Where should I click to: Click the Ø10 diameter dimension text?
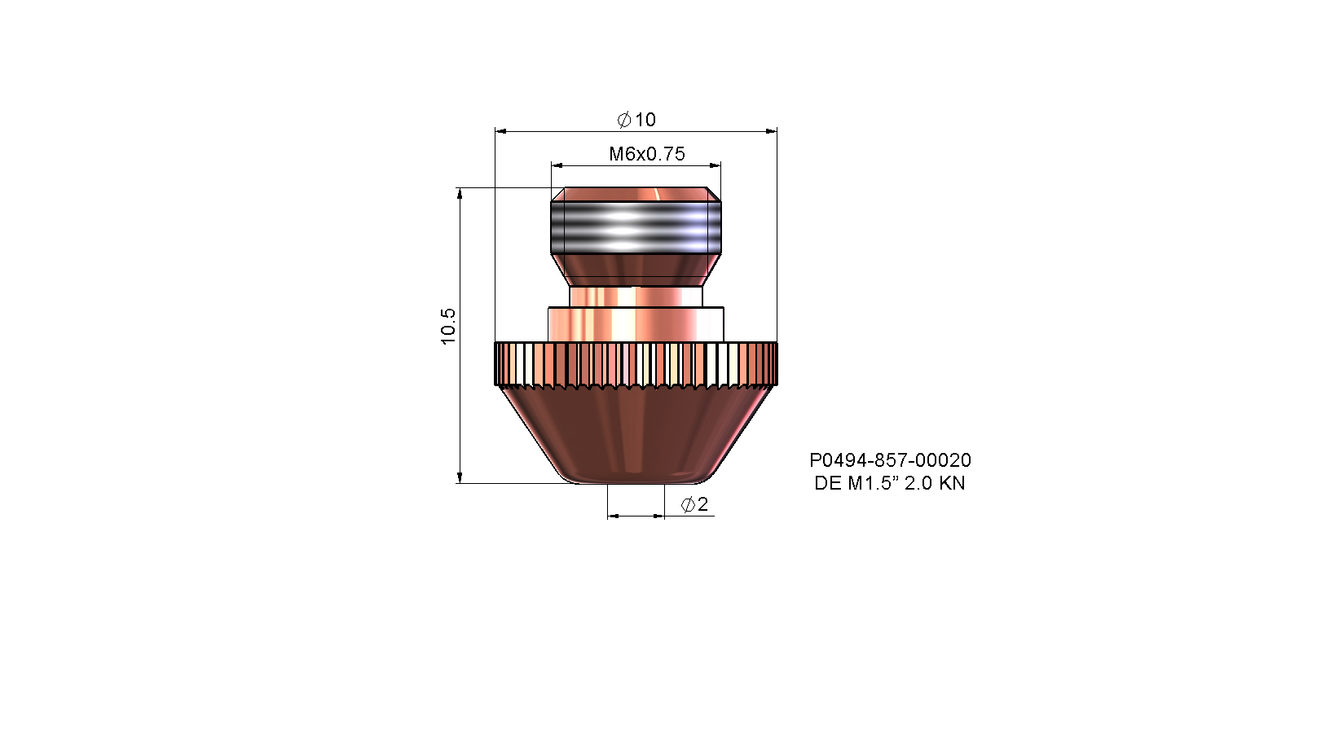[x=636, y=120]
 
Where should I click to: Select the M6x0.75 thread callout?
[x=647, y=154]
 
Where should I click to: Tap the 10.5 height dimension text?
[x=448, y=326]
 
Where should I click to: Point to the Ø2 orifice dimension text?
[x=694, y=504]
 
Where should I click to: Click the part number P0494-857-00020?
[x=890, y=460]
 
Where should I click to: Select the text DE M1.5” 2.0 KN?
[x=889, y=483]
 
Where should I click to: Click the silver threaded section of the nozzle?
[x=636, y=227]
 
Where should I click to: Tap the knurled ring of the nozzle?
[x=636, y=364]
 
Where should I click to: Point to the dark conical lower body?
[x=636, y=433]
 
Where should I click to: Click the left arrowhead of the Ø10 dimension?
[x=500, y=131]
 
